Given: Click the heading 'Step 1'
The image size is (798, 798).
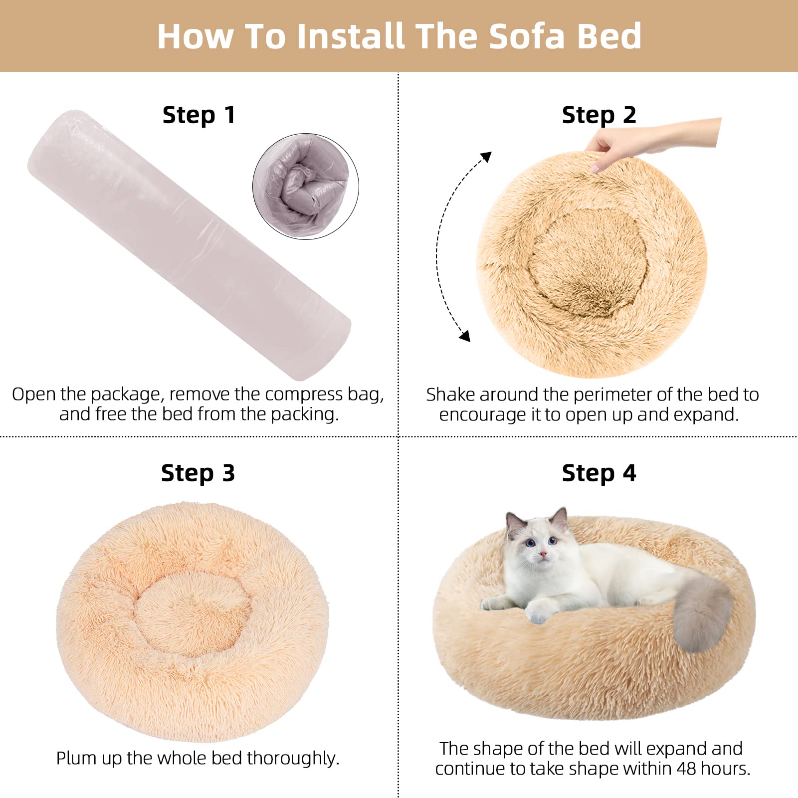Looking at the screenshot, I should pos(199,115).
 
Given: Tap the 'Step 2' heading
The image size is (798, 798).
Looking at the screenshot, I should pos(598,115).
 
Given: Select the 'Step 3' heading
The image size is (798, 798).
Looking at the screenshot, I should pos(198,473).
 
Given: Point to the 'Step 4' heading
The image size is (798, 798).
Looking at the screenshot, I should pos(598,473).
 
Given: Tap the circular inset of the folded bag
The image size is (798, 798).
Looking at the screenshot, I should pos(306,186).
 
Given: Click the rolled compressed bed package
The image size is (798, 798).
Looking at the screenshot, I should pos(190,244).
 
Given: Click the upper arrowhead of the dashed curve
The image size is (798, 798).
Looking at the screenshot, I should pos(486,157).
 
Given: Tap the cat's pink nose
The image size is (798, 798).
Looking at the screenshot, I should pos(543,554).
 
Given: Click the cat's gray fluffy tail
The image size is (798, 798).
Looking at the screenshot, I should pos(701,613).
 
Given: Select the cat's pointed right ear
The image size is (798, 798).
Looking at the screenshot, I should pos(561,519).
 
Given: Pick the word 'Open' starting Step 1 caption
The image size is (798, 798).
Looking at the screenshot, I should pos(34,395).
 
